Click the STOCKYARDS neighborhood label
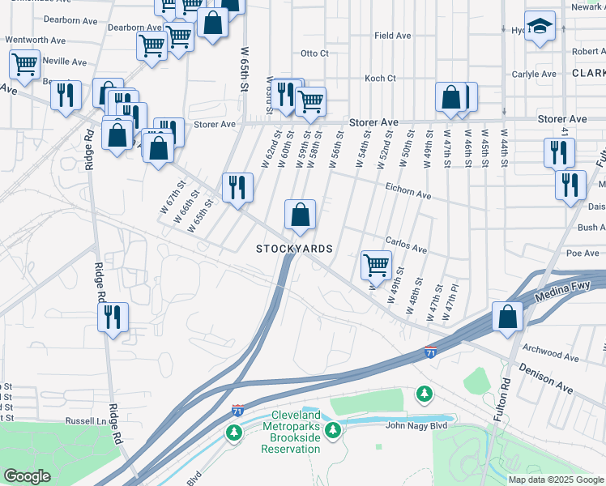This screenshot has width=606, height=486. pyautogui.click(x=294, y=249)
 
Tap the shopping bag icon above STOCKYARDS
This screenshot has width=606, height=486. pyautogui.click(x=300, y=215)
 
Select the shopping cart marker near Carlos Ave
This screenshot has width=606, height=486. pyautogui.click(x=376, y=264)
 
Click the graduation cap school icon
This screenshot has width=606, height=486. pyautogui.click(x=540, y=27)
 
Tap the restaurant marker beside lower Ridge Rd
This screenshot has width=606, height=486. pyautogui.click(x=113, y=316)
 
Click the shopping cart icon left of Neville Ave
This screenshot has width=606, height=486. pyautogui.click(x=24, y=65)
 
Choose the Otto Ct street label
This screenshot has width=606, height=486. pyautogui.click(x=314, y=53)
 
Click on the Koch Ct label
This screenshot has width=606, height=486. pyautogui.click(x=379, y=79)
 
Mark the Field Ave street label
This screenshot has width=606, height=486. pyautogui.click(x=392, y=36)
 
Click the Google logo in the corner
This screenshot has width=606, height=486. pyautogui.click(x=27, y=476)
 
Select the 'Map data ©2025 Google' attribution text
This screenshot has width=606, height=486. pyautogui.click(x=555, y=480)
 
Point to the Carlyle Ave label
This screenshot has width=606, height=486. pyautogui.click(x=534, y=74)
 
